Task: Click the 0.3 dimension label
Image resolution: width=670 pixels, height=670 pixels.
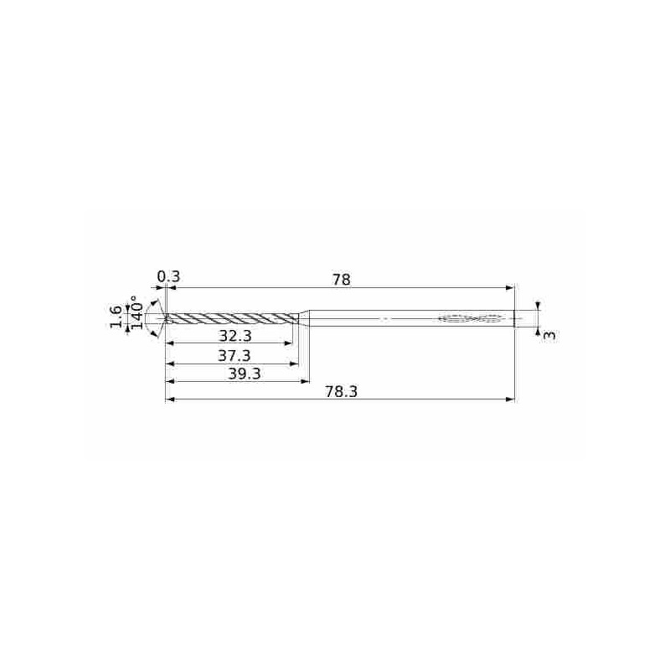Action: coord(168,276)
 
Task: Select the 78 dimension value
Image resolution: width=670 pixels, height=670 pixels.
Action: coord(341,280)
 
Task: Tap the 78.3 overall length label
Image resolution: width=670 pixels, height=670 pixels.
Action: coord(341,392)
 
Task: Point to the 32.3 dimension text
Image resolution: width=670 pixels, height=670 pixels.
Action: coord(235,336)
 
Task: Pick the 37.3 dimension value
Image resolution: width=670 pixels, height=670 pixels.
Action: coord(234,355)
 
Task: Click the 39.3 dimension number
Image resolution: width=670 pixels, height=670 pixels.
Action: coord(244,374)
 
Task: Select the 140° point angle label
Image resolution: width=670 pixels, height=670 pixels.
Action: coord(137,312)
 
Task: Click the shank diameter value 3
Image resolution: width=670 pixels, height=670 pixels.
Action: coord(549,335)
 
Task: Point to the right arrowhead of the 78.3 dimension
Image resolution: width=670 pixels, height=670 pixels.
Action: coord(510,399)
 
